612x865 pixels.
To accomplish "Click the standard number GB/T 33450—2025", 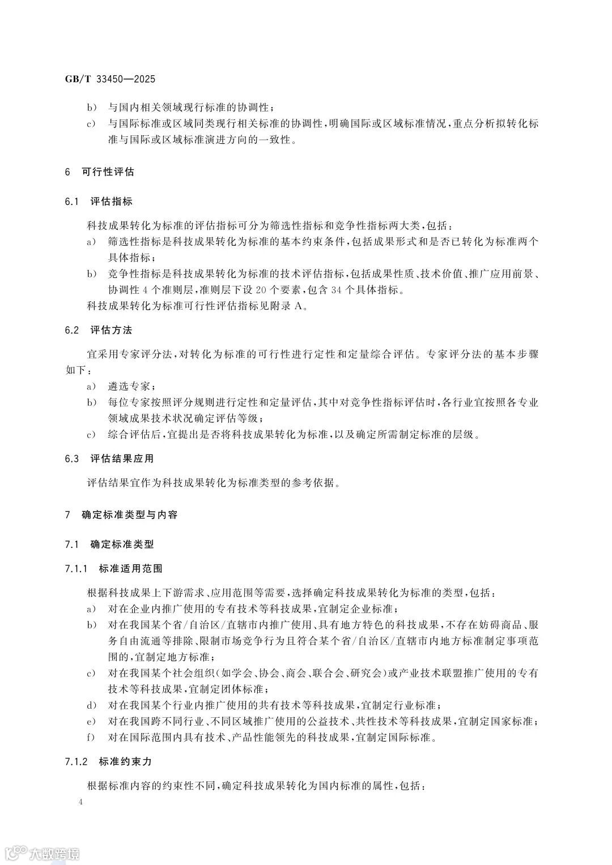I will point(110,79).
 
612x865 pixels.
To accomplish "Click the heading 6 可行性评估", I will point(100,172).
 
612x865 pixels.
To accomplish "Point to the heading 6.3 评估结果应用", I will point(109,458).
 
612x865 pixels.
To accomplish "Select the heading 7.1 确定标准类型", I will point(109,545).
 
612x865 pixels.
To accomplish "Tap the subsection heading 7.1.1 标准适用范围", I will point(114,568).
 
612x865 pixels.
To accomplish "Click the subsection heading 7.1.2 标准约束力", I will point(109,761).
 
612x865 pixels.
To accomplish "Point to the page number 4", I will point(82,802).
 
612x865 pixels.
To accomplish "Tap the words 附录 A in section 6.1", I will point(292,306).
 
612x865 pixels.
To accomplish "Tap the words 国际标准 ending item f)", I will point(415,738).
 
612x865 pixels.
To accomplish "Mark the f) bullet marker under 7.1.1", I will point(90,738).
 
